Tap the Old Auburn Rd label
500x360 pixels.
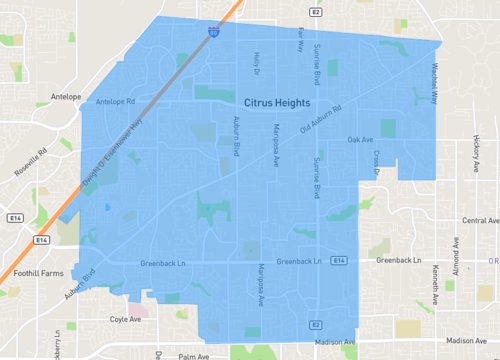pyautogui.click(x=321, y=122)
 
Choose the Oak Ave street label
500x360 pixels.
pyautogui.click(x=360, y=139)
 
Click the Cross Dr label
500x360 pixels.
pyautogui.click(x=378, y=163)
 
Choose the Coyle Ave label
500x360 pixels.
pyautogui.click(x=126, y=320)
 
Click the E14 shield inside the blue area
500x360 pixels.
pyautogui.click(x=340, y=261)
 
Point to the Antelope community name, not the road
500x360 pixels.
pyautogui.click(x=64, y=97)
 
